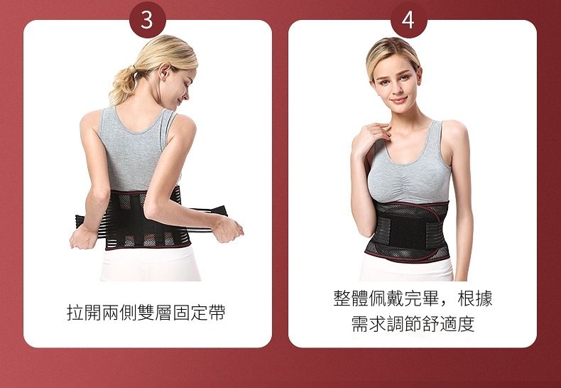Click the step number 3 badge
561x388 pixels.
pyautogui.click(x=148, y=20)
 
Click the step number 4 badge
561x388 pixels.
pyautogui.click(x=409, y=20)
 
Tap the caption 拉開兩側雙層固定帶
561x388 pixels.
pyautogui.click(x=146, y=312)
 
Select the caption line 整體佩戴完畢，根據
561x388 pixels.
pyautogui.click(x=413, y=298)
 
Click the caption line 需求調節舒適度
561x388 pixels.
pyautogui.click(x=413, y=324)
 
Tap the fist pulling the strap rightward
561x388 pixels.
pyautogui.click(x=228, y=229)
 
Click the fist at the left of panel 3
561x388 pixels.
pyautogui.click(x=82, y=237)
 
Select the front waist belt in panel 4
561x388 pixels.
pyautogui.click(x=408, y=232)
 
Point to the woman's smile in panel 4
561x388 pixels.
pyautogui.click(x=399, y=100)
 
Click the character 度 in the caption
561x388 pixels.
pyautogui.click(x=466, y=324)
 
